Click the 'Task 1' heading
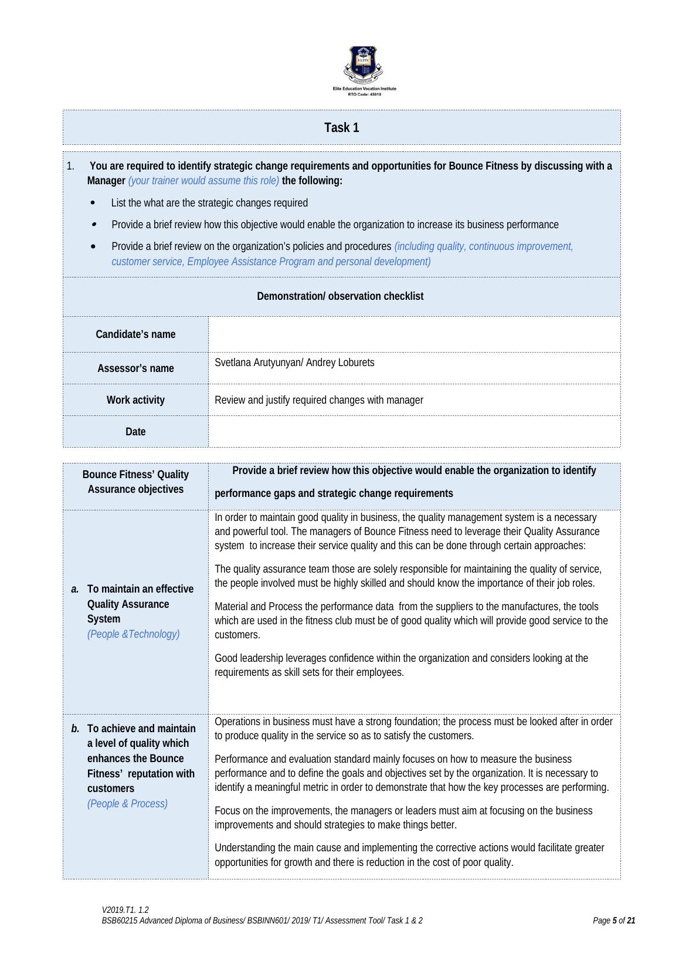(x=342, y=128)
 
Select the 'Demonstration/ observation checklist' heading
(x=340, y=296)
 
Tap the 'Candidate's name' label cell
(x=135, y=334)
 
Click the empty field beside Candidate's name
(x=414, y=334)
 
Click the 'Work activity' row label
(x=135, y=400)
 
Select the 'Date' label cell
(x=135, y=432)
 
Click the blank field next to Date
(x=414, y=432)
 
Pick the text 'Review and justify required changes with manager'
(x=319, y=400)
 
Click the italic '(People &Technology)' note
(x=133, y=634)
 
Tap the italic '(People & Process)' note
(x=127, y=804)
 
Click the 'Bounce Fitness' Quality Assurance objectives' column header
(x=135, y=482)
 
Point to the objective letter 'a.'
(x=75, y=589)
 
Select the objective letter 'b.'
(x=75, y=729)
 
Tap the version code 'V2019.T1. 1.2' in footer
(x=125, y=910)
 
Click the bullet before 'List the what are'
(x=94, y=203)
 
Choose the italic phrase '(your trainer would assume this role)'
(x=203, y=181)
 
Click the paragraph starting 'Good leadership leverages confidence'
(x=401, y=665)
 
